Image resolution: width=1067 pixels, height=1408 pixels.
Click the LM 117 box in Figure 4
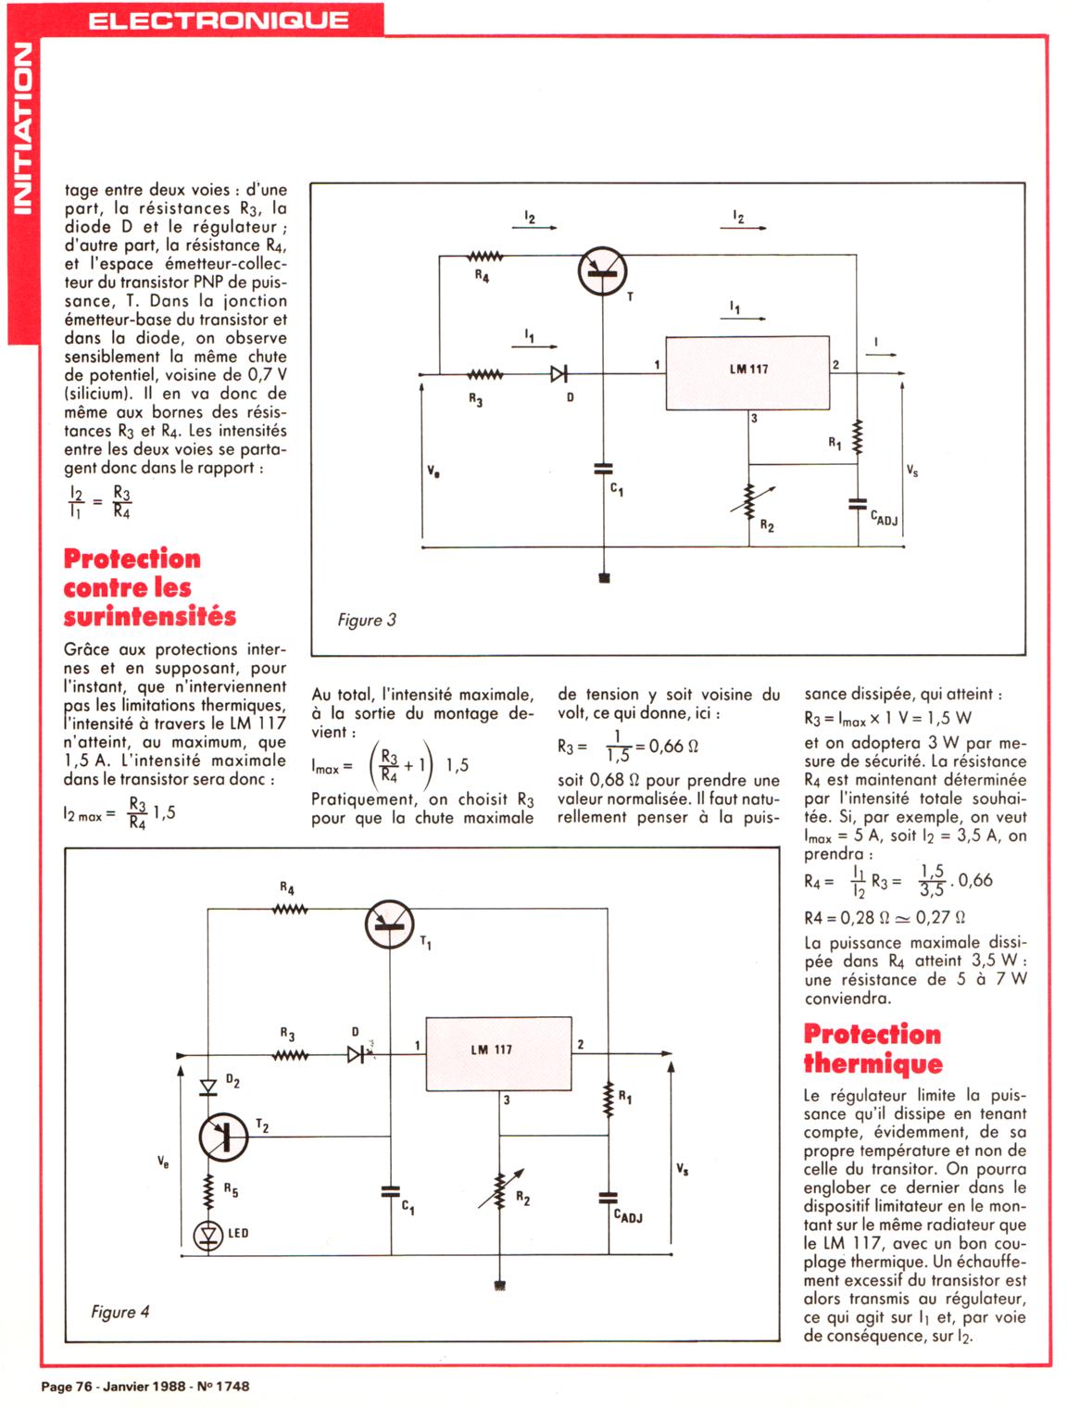click(x=498, y=1053)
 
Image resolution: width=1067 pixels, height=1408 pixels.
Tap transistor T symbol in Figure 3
click(x=602, y=271)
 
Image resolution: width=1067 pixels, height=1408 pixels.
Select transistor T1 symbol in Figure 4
click(x=389, y=925)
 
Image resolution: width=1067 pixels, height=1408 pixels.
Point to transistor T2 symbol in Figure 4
click(x=223, y=1136)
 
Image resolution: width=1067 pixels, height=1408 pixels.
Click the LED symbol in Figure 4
click(x=208, y=1235)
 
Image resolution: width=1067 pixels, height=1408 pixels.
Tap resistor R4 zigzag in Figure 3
click(x=485, y=257)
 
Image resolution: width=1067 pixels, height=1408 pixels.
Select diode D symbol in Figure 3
click(x=559, y=374)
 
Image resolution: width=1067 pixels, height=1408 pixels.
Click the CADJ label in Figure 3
click(x=885, y=519)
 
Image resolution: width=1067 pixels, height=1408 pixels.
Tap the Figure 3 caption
click(x=367, y=620)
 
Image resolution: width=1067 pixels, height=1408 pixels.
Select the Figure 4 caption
click(x=120, y=1312)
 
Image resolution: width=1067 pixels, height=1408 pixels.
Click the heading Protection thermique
click(x=872, y=1049)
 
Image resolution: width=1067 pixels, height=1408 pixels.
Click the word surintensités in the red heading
click(x=150, y=617)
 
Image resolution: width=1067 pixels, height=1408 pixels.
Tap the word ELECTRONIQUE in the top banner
click(x=219, y=20)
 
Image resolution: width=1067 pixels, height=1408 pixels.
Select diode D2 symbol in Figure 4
click(x=208, y=1087)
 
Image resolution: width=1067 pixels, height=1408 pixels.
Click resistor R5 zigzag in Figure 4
click(x=208, y=1189)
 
